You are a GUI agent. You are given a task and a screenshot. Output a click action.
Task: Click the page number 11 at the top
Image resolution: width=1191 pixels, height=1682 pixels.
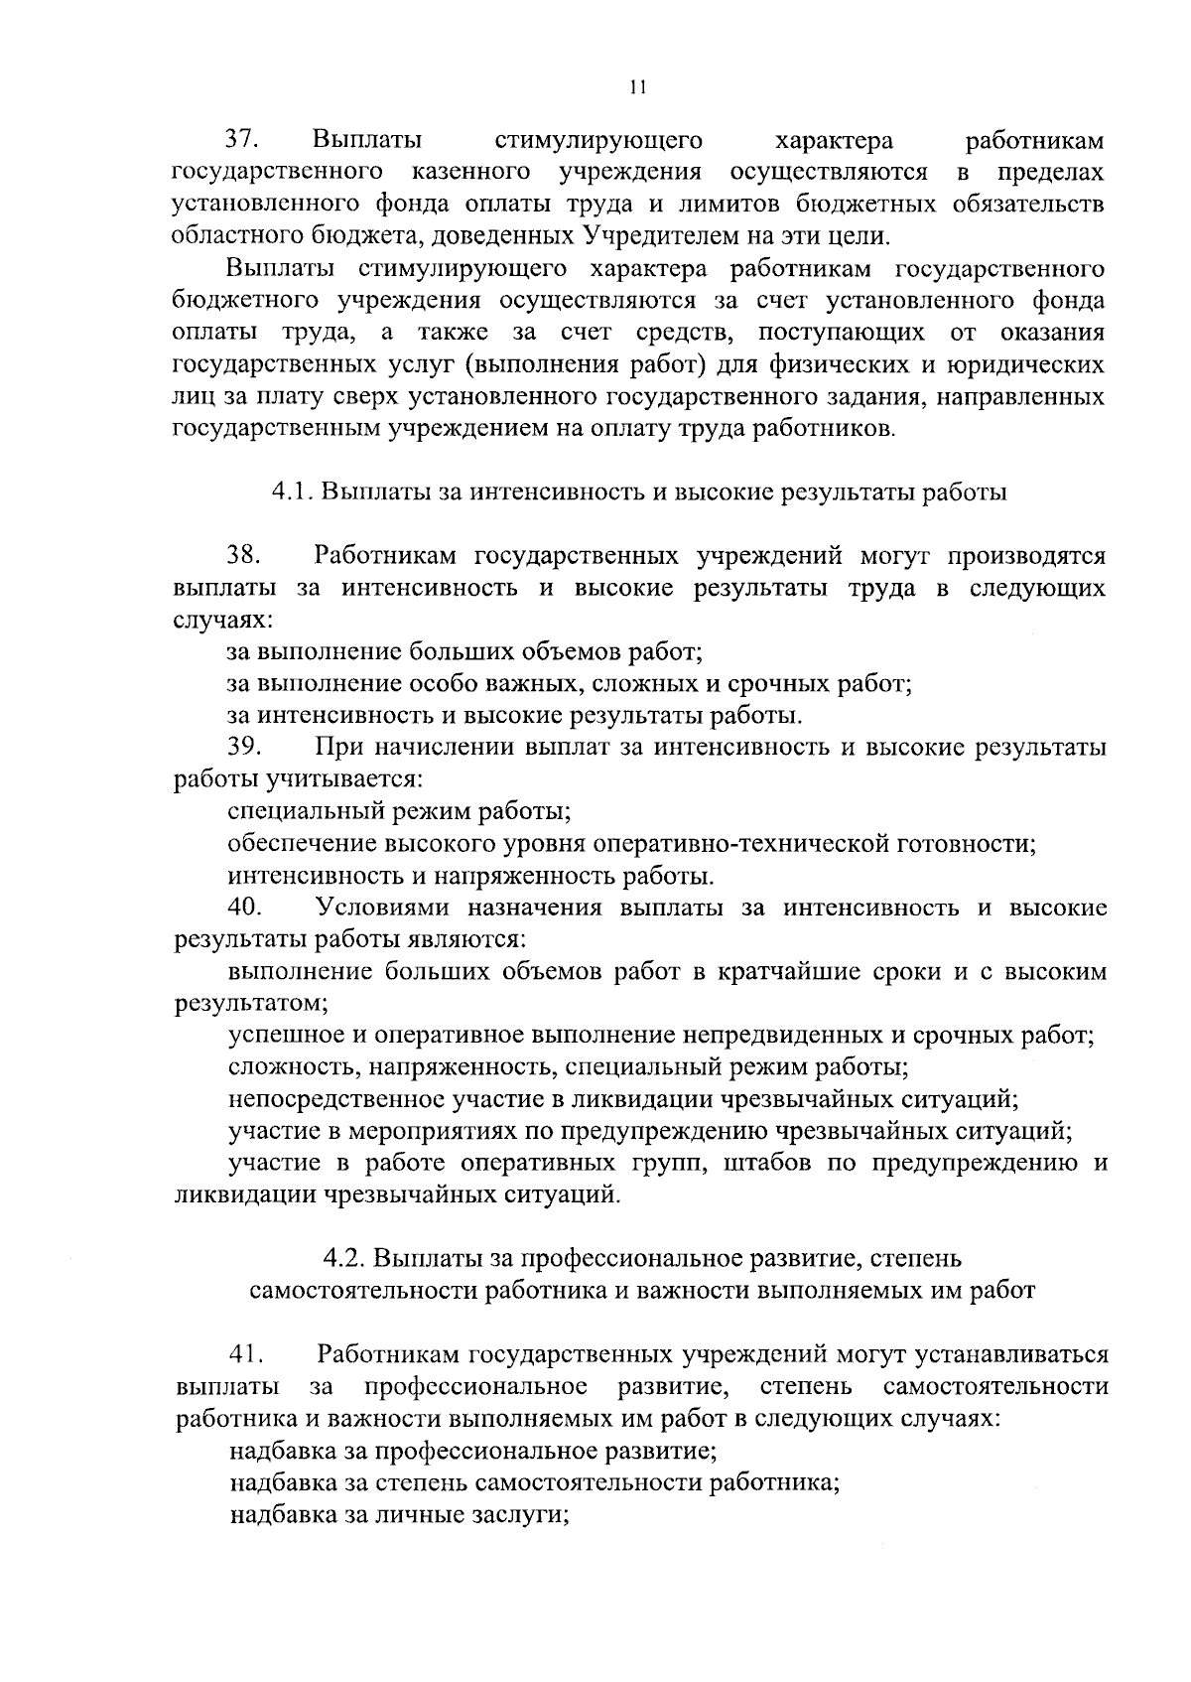coord(637,87)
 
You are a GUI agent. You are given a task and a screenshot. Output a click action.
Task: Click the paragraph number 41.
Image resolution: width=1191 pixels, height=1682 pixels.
coord(244,1354)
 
